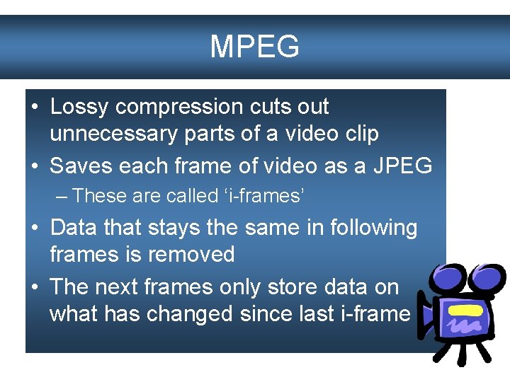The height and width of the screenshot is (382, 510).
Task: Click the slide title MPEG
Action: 254,47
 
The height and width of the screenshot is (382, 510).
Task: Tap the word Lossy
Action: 80,107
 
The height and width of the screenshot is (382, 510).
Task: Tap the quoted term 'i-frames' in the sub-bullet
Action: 264,195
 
